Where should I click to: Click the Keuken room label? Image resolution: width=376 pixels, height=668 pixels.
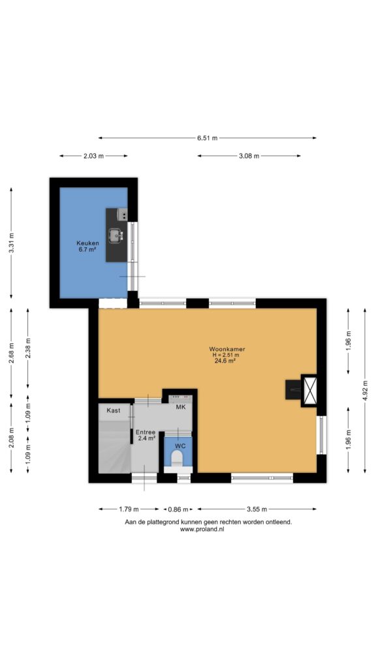coord(87,243)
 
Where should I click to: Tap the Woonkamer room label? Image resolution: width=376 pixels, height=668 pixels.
coord(227,350)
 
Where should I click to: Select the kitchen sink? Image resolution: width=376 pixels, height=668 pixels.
coord(116,235)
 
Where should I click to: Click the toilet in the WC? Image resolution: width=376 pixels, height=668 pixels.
coord(176,458)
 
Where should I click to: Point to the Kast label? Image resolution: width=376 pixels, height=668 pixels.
coord(114,411)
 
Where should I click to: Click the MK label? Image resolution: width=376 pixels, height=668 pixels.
coord(181,407)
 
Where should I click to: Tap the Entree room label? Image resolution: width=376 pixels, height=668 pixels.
coord(146,432)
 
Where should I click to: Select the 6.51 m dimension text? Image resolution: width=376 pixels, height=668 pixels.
coord(207,138)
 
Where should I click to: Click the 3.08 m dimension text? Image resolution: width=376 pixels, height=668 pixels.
coord(249,156)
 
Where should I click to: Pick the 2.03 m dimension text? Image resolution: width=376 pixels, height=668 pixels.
coord(93,156)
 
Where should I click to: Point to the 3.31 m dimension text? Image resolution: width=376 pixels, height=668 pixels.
coord(11,243)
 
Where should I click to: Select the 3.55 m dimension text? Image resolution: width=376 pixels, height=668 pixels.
coord(257,509)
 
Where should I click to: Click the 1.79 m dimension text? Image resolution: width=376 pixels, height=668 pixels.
coord(129,509)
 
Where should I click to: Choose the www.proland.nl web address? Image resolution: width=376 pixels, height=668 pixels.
coord(202,529)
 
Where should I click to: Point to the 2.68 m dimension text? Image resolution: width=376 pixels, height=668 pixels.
coord(11,353)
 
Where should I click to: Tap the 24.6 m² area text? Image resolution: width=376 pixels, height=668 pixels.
coord(225,360)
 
